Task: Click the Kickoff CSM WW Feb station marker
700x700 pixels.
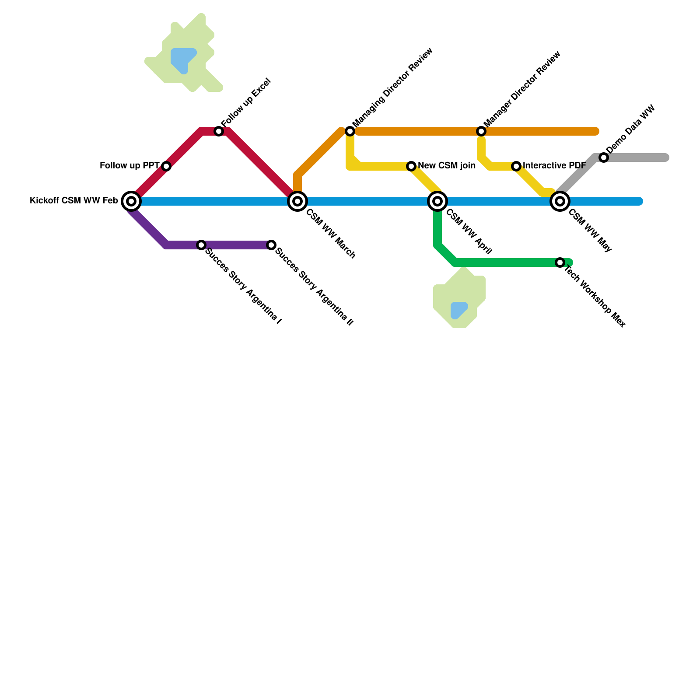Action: click(131, 201)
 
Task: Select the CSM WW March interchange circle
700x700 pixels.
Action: click(297, 201)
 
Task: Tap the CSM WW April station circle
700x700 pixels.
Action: click(437, 201)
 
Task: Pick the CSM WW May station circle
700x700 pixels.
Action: click(560, 201)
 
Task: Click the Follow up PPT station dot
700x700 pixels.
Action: click(166, 166)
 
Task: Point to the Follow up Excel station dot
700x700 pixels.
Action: click(219, 131)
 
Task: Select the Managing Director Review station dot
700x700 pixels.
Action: click(350, 131)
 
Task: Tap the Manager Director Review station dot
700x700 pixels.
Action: click(481, 131)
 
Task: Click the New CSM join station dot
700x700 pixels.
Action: click(411, 166)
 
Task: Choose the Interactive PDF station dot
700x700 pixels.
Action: click(516, 166)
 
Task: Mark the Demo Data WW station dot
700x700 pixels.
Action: click(604, 157)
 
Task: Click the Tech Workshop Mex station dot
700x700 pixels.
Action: click(560, 262)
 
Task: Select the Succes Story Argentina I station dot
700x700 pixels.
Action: click(201, 245)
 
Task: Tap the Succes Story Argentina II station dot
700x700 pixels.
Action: click(271, 245)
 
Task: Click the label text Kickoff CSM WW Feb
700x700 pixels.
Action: click(73, 201)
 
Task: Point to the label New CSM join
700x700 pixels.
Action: click(446, 166)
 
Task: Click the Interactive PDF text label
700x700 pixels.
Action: click(554, 166)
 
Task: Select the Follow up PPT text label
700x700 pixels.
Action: click(129, 166)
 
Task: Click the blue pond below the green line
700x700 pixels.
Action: click(458, 310)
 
